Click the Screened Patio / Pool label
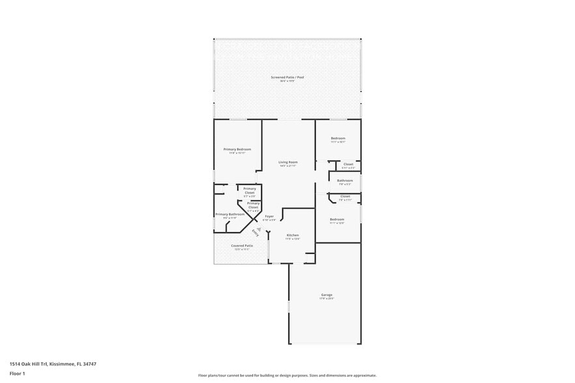(x=287, y=78)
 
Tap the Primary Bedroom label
(x=237, y=150)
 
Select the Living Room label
(x=287, y=162)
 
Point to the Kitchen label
(x=293, y=235)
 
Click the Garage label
(x=326, y=295)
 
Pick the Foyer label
(x=269, y=216)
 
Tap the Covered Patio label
(x=242, y=246)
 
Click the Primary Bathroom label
(x=230, y=214)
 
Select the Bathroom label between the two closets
(x=345, y=180)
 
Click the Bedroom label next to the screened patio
(x=338, y=139)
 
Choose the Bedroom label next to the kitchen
(x=337, y=220)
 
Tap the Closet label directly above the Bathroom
(x=348, y=164)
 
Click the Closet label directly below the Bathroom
(x=345, y=196)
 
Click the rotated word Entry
(x=255, y=233)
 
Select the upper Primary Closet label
(x=250, y=190)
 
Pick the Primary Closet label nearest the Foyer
(x=253, y=205)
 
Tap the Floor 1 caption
(x=17, y=373)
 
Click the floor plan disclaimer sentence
(x=287, y=375)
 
